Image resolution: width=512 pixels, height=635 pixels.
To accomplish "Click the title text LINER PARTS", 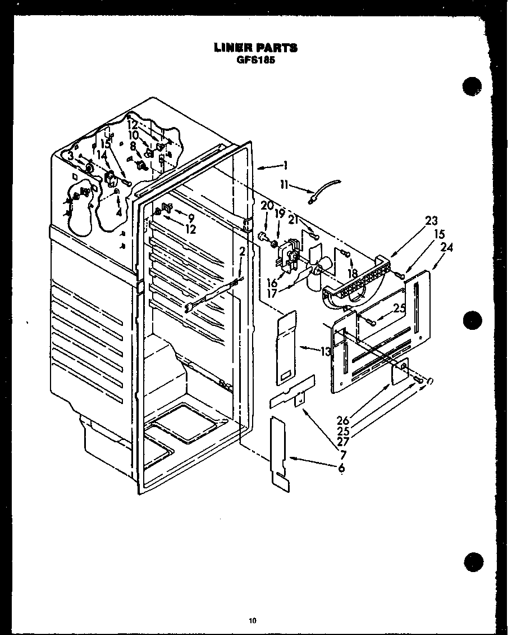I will click(x=255, y=48).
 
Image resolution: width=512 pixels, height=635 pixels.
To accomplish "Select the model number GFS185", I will click(x=255, y=61).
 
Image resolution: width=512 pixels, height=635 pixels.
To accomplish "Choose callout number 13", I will click(x=326, y=352).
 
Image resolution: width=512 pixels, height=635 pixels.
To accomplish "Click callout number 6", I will click(x=341, y=468).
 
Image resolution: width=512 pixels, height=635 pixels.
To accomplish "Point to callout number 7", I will click(x=341, y=454).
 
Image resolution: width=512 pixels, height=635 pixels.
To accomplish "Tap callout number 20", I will click(x=266, y=207).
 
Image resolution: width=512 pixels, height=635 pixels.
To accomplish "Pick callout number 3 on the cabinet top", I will click(x=71, y=157).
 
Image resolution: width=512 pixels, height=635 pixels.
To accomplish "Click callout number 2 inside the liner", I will click(x=241, y=252).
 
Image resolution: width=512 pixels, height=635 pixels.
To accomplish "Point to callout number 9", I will click(x=191, y=217).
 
